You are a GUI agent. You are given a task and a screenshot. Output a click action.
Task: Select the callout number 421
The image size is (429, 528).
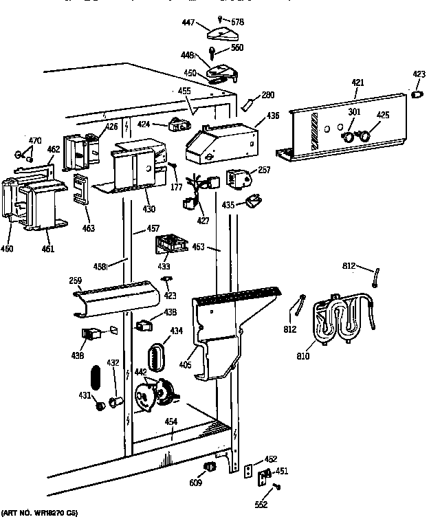357,83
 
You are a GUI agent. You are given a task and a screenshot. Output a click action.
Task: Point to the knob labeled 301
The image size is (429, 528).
351,137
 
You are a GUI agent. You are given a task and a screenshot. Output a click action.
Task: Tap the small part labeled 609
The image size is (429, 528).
206,467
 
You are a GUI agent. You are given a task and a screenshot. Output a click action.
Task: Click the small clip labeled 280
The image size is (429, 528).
247,103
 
